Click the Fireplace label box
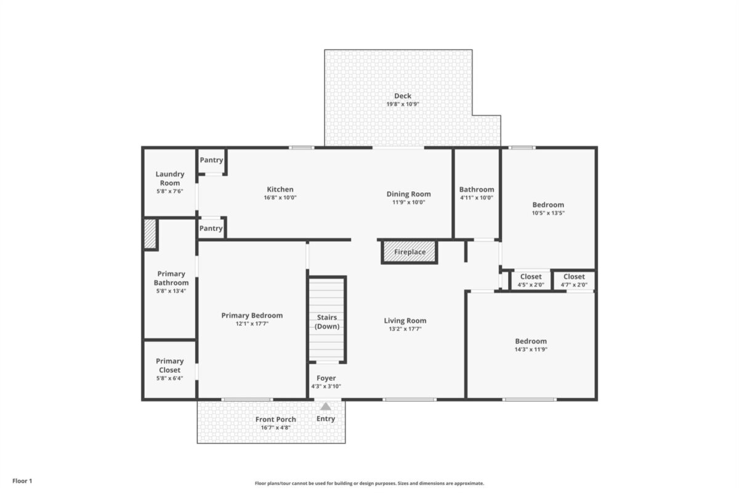tap(410, 252)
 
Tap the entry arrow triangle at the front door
tap(325, 406)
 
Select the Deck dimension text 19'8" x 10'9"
tap(403, 104)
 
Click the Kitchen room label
tap(280, 189)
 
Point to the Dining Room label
tap(408, 194)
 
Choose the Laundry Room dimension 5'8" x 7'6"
tap(169, 191)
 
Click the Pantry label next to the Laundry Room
tap(211, 160)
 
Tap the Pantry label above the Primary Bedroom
tap(211, 228)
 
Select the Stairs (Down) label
tap(327, 322)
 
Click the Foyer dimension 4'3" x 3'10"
tap(326, 386)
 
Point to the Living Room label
tap(405, 320)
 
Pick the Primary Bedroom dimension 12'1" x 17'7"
tap(252, 324)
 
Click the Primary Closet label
tap(169, 365)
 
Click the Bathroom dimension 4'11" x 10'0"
tap(477, 198)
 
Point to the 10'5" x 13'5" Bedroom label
tap(548, 205)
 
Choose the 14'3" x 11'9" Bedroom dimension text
tap(531, 349)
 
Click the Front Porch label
tap(275, 420)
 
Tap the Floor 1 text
tap(22, 481)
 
